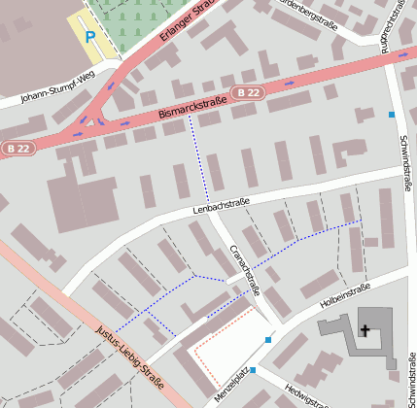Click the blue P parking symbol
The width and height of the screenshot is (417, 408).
pos(90,37)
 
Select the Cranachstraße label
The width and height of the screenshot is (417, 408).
pos(245,268)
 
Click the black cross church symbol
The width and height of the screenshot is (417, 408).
pos(365,330)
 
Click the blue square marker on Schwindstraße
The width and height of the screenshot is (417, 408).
pos(392,115)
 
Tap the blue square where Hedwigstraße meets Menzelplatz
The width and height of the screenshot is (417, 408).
pos(253,370)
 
